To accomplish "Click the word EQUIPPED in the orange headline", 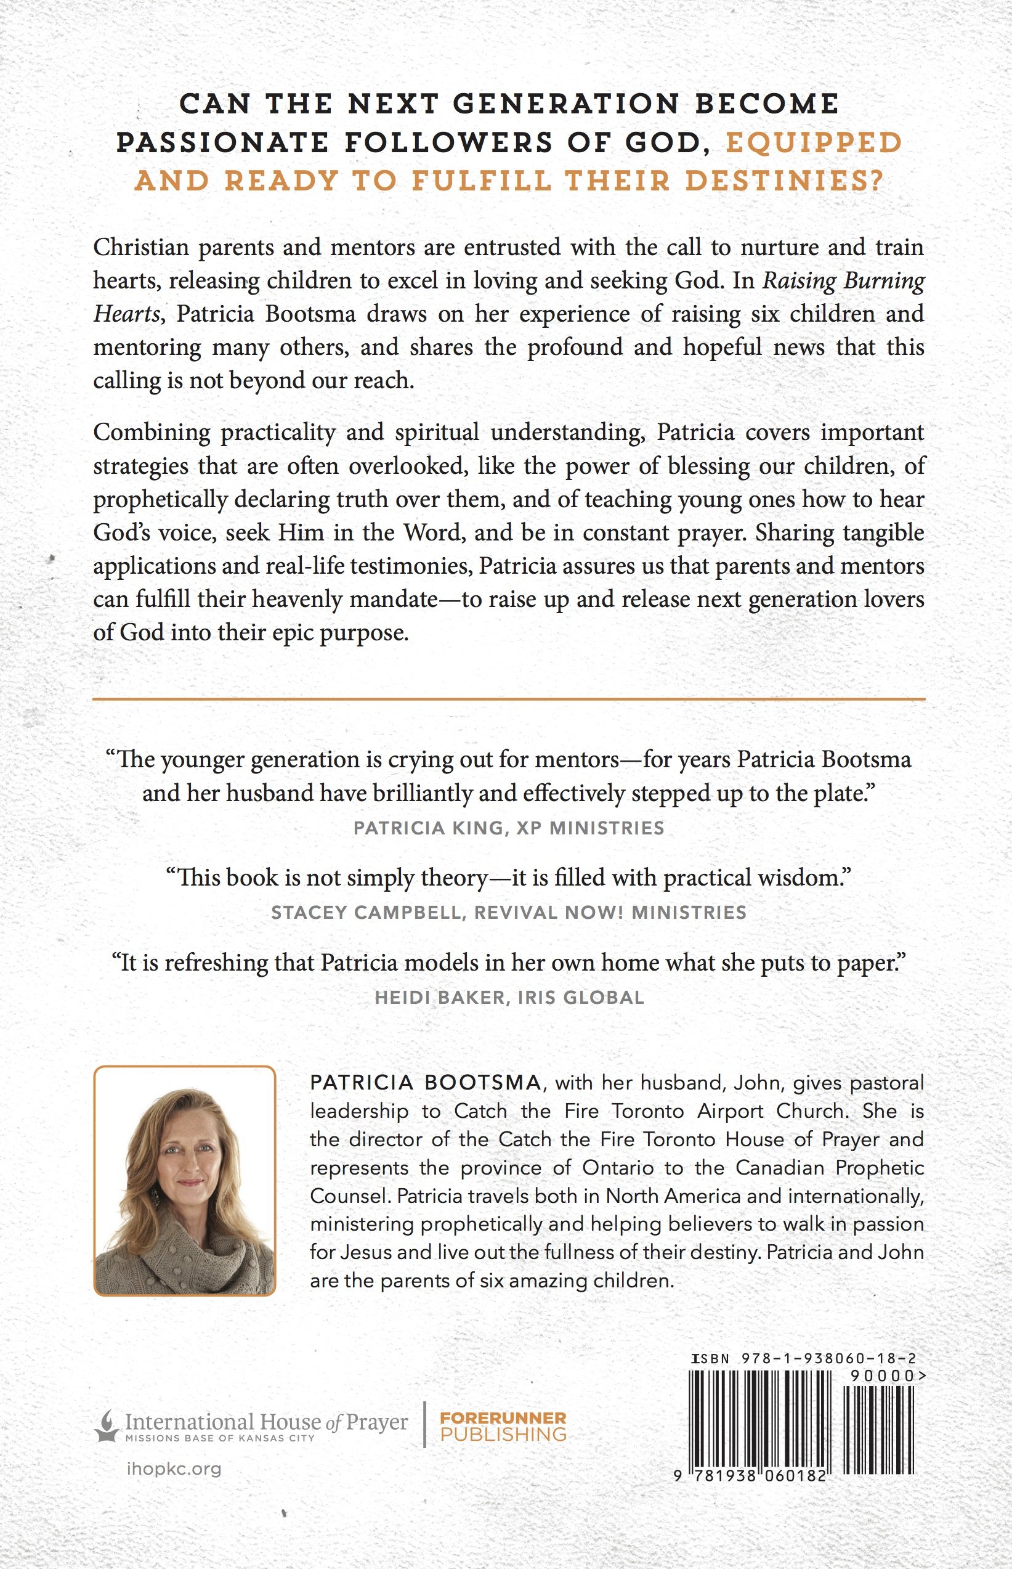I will (813, 144).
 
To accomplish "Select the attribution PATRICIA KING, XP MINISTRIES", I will (509, 828).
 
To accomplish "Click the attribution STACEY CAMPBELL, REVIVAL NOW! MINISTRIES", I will (509, 912).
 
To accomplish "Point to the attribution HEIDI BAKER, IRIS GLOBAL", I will (509, 997).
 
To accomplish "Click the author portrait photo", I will (185, 1181).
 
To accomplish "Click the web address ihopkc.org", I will (174, 1469).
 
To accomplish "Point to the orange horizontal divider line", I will (509, 698).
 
